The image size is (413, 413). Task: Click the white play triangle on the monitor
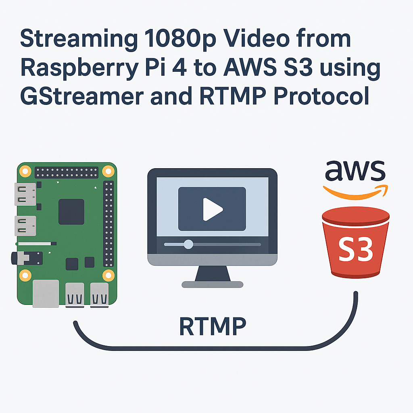212,209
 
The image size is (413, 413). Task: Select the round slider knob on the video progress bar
188,244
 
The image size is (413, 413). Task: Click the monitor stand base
212,284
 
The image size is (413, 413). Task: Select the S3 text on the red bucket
356,250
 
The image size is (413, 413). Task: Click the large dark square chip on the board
71,211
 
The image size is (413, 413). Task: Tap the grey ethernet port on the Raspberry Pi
46,294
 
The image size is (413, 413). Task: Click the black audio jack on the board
26,258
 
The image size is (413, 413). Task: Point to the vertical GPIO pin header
108,224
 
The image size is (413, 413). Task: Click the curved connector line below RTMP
214,347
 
